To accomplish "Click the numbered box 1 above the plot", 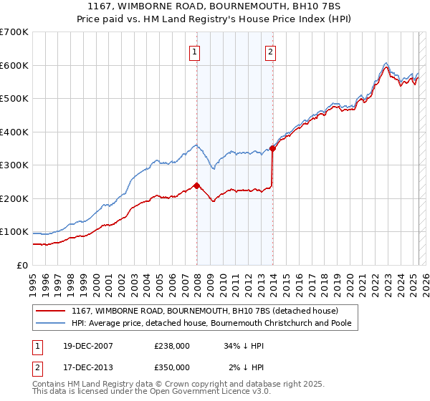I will point(195,51).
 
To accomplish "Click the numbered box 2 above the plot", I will point(271,51).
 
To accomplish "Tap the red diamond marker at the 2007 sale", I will point(196,185).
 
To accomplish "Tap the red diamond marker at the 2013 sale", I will point(272,148).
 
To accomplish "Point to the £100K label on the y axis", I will point(15,232).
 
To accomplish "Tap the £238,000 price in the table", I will point(172,346).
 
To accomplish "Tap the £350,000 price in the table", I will point(172,367).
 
